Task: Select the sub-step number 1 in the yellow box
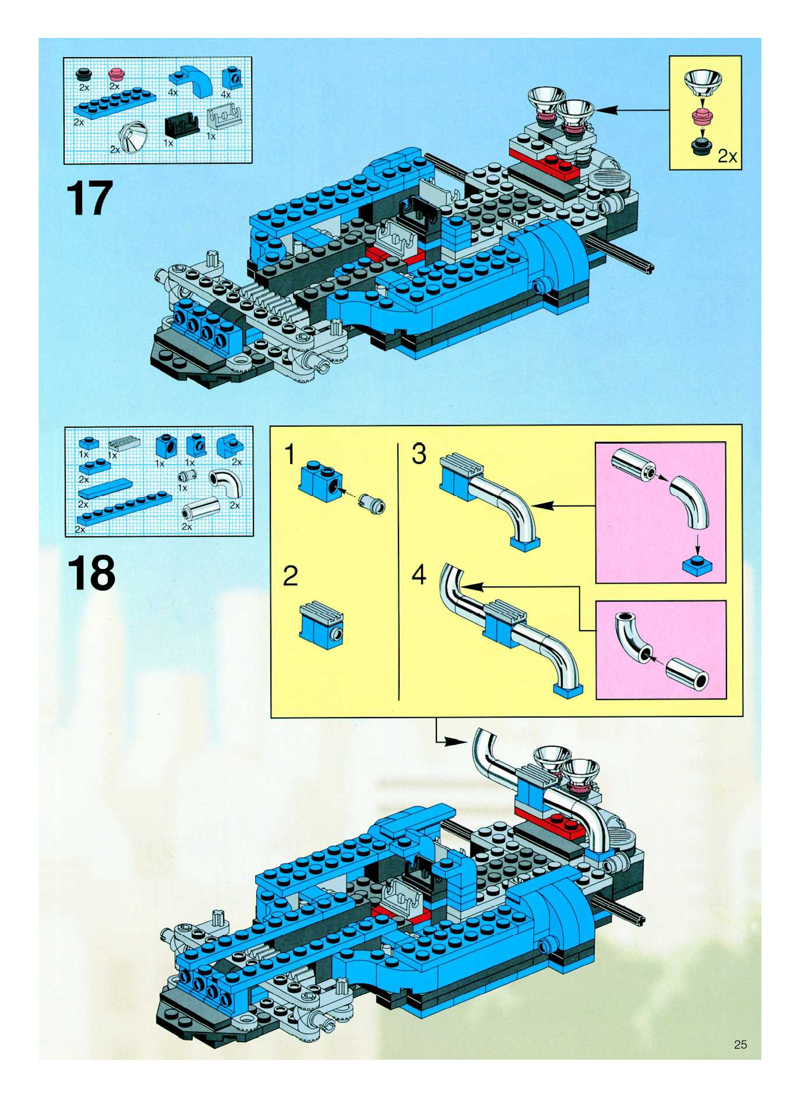coord(290,455)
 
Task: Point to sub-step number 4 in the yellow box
coord(419,575)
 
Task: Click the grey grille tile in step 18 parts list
coord(124,444)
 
